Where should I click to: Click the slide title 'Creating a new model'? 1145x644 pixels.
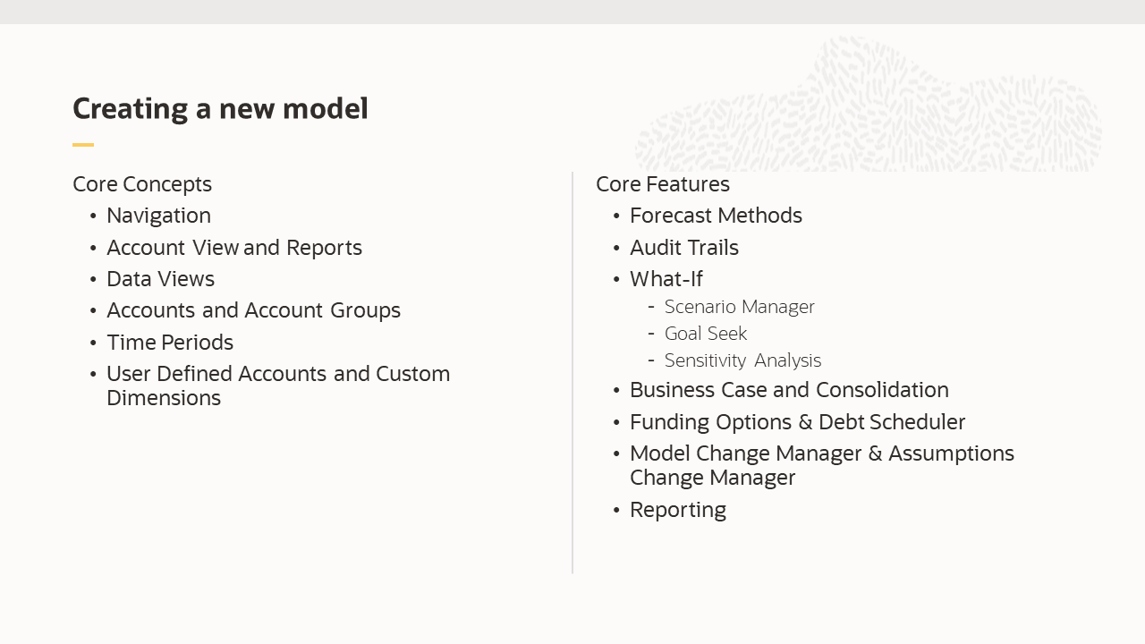(x=220, y=108)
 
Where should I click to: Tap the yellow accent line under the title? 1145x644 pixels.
(x=83, y=145)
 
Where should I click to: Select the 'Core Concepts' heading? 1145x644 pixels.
(x=142, y=184)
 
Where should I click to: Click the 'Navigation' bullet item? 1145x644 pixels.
(x=158, y=216)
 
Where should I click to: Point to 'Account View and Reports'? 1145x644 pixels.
(x=234, y=248)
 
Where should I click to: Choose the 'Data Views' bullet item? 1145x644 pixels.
(x=160, y=279)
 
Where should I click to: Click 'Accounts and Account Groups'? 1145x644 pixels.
(x=253, y=310)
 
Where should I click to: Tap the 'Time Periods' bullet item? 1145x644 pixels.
(x=170, y=343)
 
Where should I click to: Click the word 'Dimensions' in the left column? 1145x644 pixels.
(x=164, y=398)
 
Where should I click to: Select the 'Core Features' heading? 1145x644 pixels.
(x=663, y=184)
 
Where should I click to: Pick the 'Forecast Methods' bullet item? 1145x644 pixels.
(x=716, y=216)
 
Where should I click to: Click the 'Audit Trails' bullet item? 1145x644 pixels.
(x=684, y=248)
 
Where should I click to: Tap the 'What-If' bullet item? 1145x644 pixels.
(x=666, y=279)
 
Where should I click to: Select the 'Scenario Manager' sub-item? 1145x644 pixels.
(x=740, y=307)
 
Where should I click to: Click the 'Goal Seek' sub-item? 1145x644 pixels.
(x=706, y=334)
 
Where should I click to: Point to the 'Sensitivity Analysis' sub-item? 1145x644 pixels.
(x=742, y=360)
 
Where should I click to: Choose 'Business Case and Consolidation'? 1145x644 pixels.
(x=789, y=390)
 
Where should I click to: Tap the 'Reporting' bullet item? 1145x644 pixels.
(x=678, y=510)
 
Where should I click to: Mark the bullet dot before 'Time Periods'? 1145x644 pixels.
(x=94, y=343)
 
